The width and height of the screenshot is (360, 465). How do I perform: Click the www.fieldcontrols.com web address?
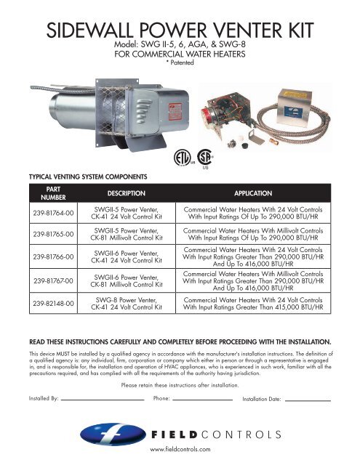point(180,450)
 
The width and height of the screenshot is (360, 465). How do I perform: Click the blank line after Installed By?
point(103,400)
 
